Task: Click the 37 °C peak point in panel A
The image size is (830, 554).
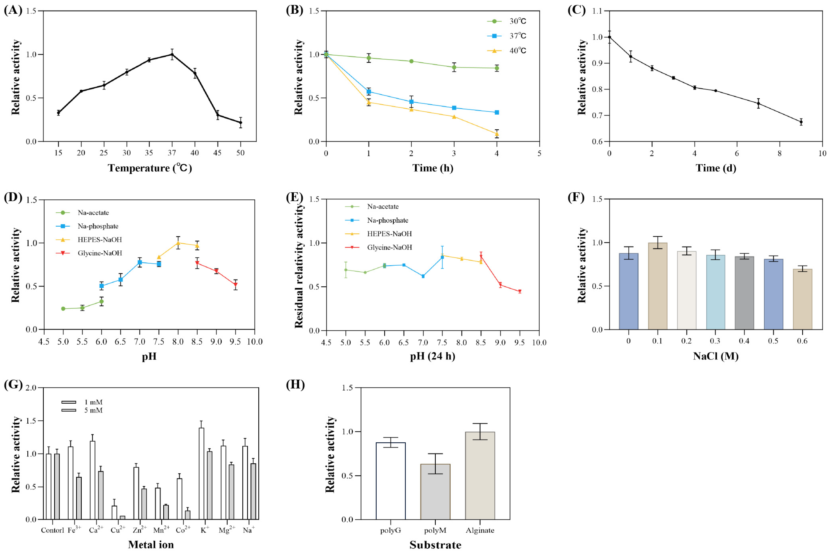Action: pyautogui.click(x=172, y=54)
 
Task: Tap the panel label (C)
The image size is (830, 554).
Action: pyautogui.click(x=576, y=10)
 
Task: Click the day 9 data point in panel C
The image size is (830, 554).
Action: pyautogui.click(x=801, y=122)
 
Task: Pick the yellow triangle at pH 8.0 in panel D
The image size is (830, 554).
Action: pyautogui.click(x=178, y=243)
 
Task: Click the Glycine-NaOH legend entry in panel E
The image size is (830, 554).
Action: pyautogui.click(x=378, y=247)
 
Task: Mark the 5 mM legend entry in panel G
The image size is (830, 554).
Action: pyautogui.click(x=82, y=410)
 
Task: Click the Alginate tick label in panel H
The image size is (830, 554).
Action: pyautogui.click(x=480, y=530)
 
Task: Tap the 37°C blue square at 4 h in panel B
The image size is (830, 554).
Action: pyautogui.click(x=497, y=112)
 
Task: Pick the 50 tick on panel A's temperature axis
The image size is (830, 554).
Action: pyautogui.click(x=240, y=153)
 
